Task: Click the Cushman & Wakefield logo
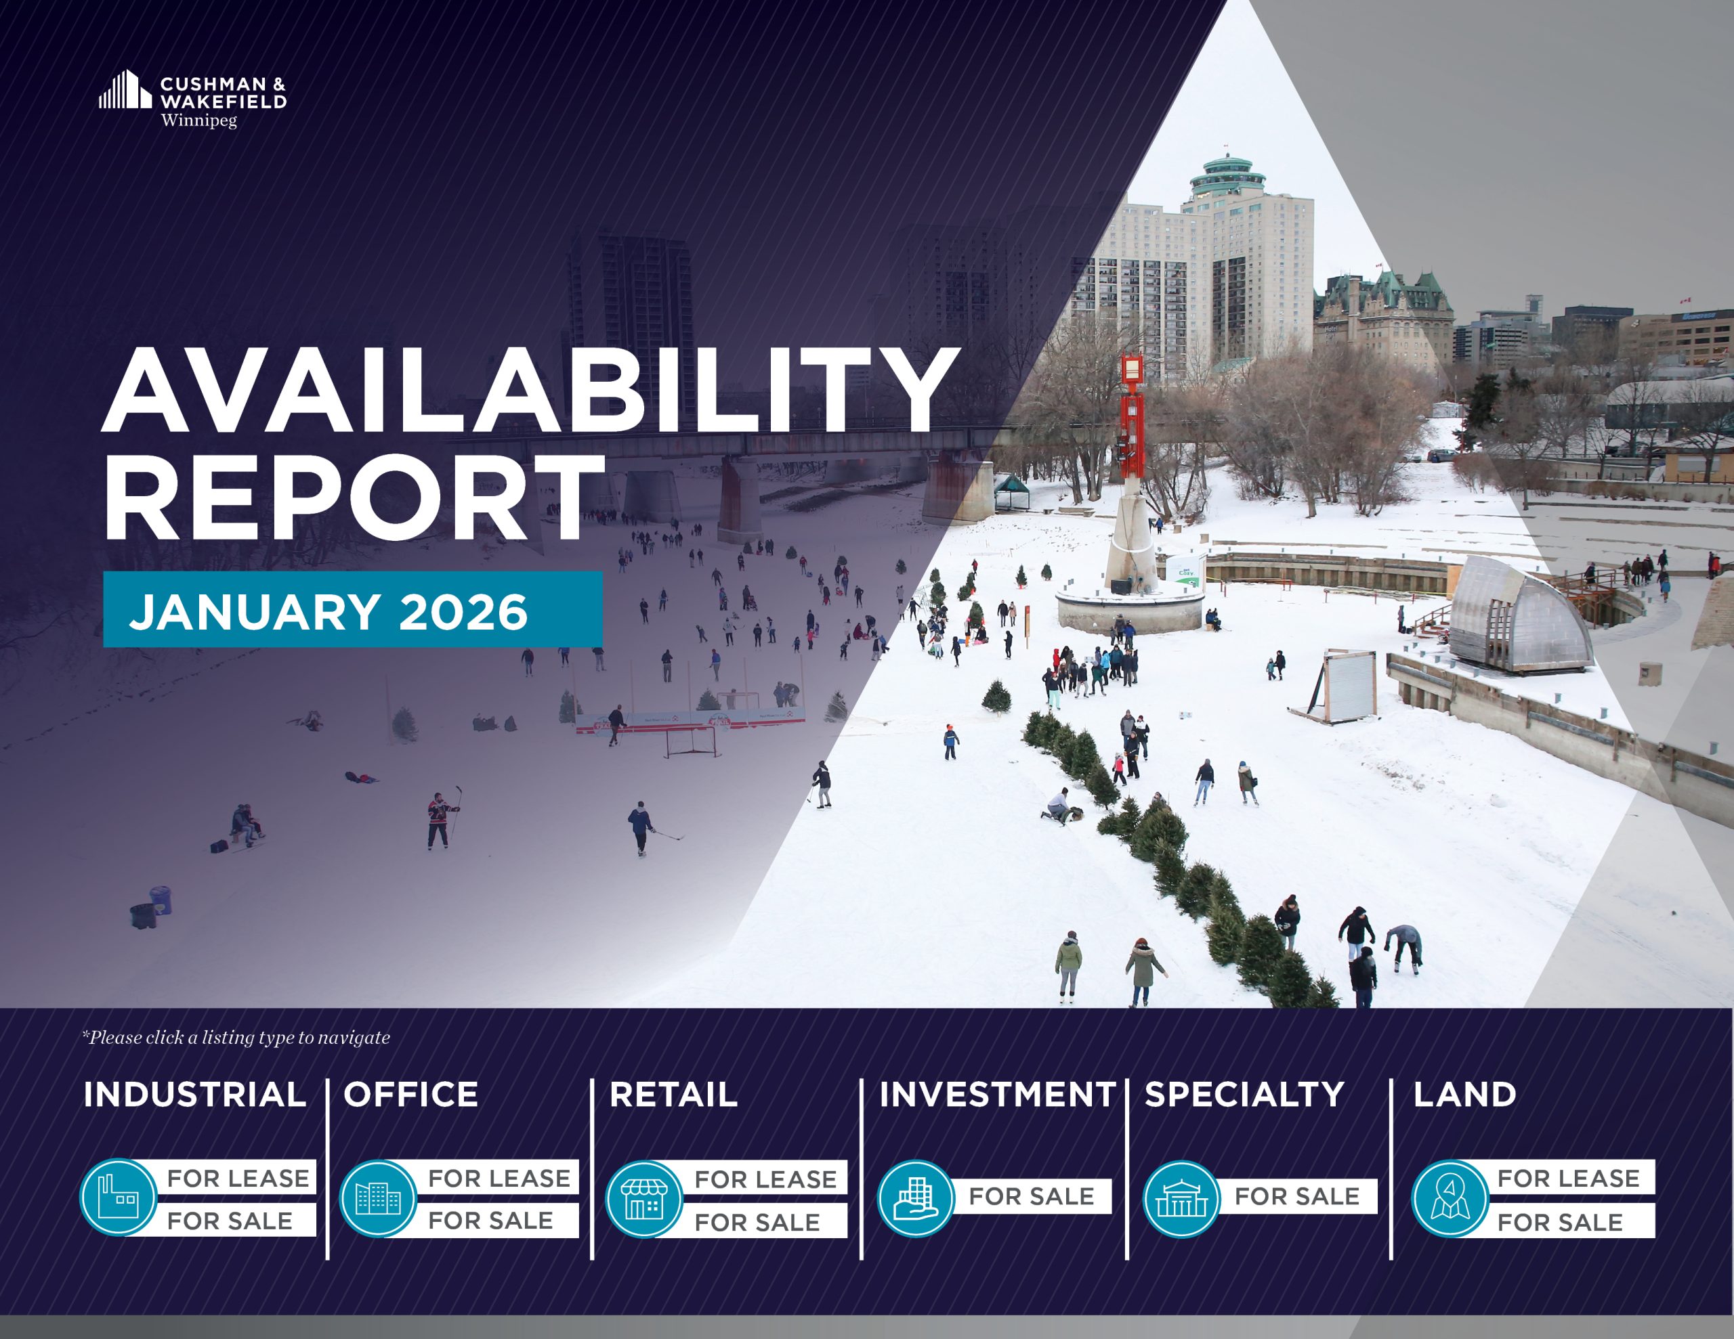[192, 100]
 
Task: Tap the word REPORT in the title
[354, 498]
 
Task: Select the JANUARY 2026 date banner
[352, 609]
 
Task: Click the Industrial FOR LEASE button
[237, 1178]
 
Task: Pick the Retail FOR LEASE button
[765, 1179]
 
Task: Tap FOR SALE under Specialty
[1296, 1196]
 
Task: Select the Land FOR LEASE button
[1568, 1178]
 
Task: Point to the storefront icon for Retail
[644, 1198]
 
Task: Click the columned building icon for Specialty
[1181, 1198]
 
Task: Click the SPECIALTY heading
[1244, 1095]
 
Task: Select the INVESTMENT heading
[997, 1095]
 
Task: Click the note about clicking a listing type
[236, 1037]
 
